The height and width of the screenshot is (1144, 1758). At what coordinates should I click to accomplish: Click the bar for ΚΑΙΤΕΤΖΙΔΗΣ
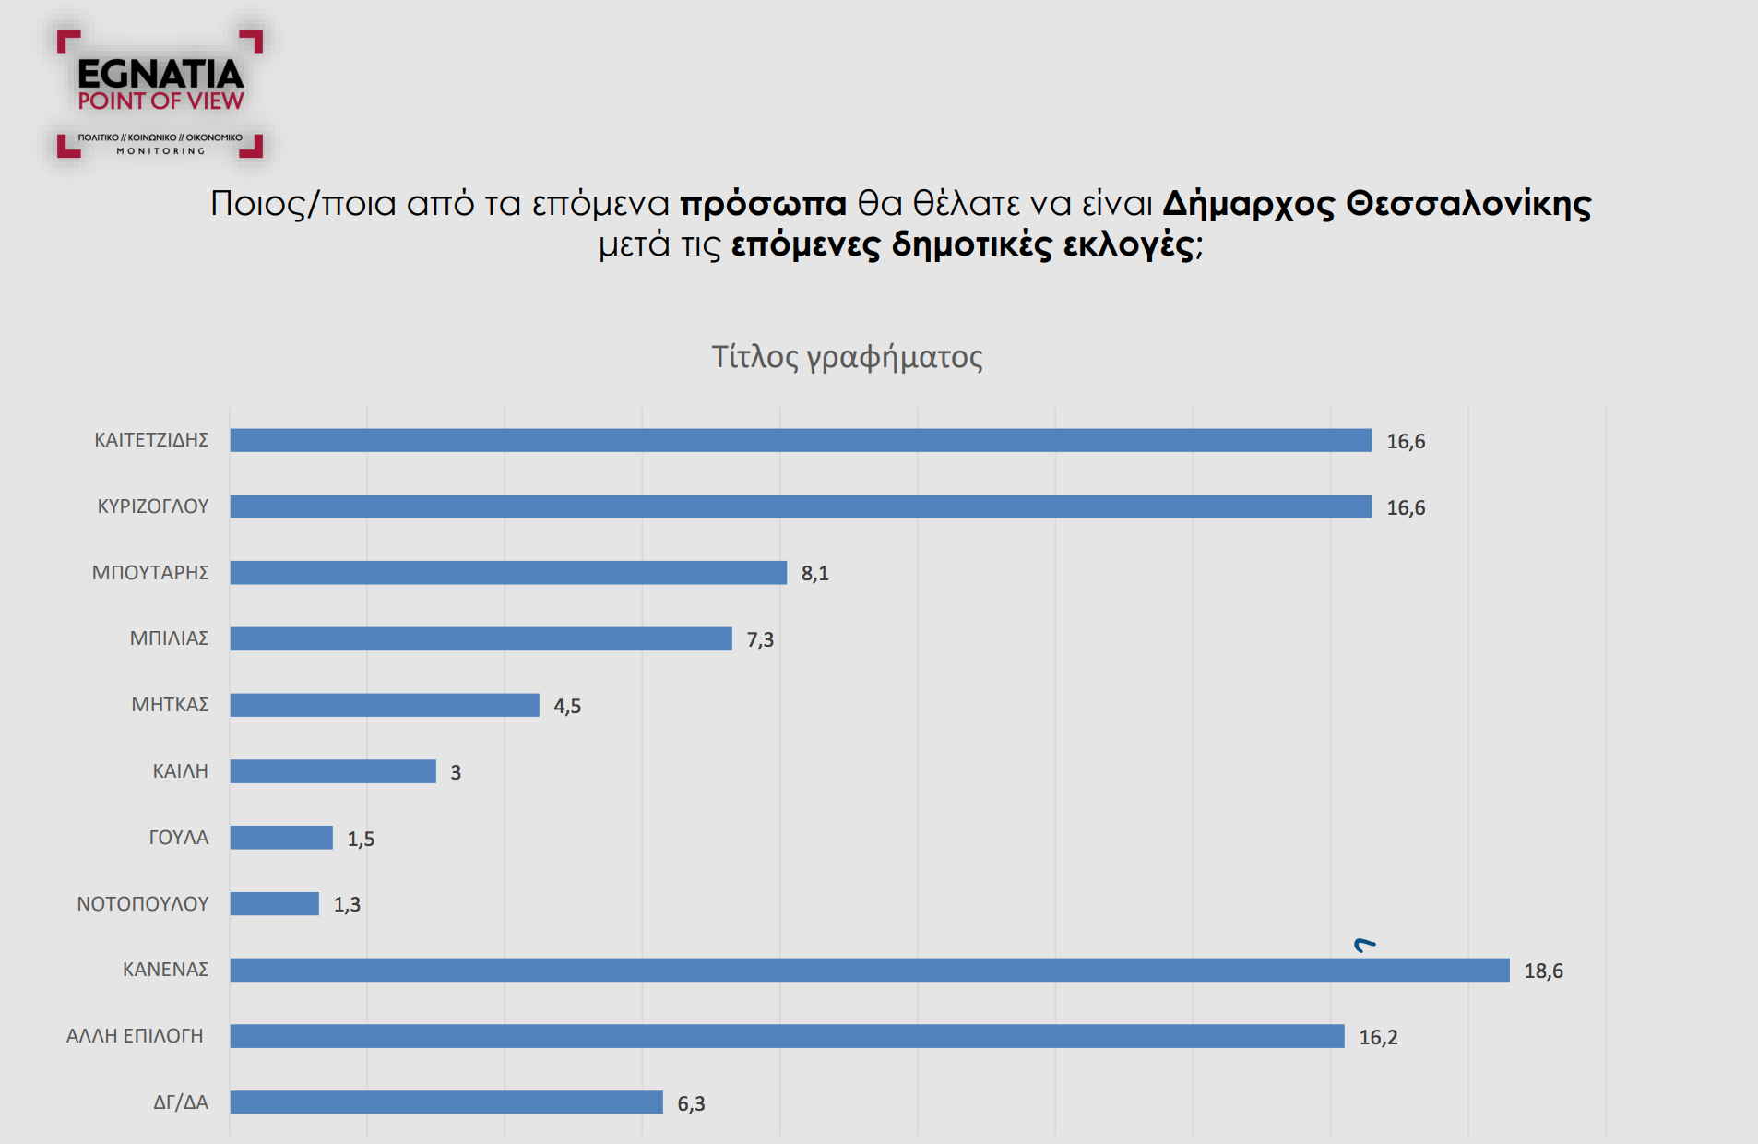801,440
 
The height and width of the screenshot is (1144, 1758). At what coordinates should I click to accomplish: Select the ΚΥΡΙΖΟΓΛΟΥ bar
801,506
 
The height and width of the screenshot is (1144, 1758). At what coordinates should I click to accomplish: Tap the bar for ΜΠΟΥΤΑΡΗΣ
508,573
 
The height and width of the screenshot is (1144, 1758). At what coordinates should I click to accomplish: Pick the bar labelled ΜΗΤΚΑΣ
385,705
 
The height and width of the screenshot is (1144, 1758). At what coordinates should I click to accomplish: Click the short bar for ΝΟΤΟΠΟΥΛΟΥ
274,904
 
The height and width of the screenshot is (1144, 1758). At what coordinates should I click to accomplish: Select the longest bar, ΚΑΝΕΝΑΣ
869,970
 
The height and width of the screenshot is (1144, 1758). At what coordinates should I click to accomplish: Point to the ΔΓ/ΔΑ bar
446,1102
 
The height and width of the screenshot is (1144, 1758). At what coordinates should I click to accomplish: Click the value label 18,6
1543,971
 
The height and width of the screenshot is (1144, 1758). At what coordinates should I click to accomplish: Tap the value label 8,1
814,574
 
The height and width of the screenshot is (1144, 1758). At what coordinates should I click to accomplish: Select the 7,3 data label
760,640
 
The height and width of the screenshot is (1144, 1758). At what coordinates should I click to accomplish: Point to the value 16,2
1378,1037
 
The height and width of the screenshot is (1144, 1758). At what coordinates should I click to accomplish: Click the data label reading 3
456,772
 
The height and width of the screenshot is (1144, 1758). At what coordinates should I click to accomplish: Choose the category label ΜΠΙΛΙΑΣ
169,638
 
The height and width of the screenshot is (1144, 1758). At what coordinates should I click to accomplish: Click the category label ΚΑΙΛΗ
180,771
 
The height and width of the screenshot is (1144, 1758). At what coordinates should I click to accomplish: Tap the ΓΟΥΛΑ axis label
179,838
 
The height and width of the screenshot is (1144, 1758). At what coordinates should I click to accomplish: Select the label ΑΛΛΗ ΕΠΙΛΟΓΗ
135,1036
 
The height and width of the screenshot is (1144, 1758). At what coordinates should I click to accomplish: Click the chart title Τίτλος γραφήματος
847,357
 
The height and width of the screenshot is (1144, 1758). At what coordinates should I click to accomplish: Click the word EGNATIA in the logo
160,74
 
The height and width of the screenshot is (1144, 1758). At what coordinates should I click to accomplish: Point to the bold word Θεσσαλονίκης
1468,204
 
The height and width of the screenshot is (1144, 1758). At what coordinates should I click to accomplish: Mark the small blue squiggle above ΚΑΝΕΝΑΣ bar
1364,944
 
